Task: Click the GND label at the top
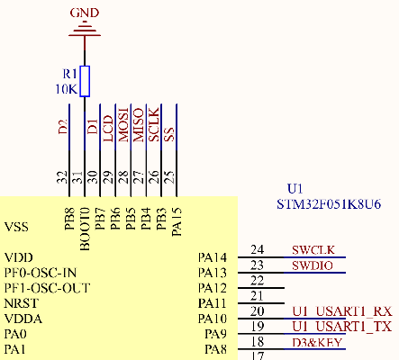(85, 13)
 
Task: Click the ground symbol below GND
(85, 32)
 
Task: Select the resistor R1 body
(85, 80)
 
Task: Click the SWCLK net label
(313, 249)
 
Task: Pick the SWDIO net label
(312, 265)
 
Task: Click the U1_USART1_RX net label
(343, 311)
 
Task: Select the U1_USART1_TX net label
(342, 327)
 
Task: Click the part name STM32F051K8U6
(329, 204)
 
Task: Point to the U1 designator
(294, 189)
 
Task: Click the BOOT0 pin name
(85, 220)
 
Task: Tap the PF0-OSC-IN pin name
(41, 272)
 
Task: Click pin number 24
(258, 249)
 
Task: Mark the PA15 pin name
(177, 220)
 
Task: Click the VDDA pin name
(23, 319)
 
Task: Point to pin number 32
(62, 178)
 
